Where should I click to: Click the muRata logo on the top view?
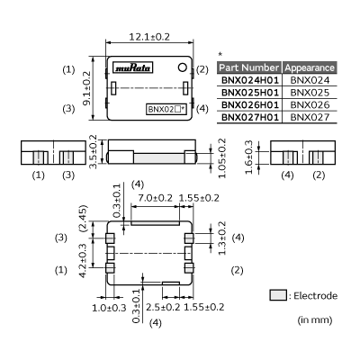tap(133, 67)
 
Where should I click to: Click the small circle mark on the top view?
tap(182, 67)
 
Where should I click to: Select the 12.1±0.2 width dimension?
tap(149, 37)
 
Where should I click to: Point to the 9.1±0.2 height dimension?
tap(86, 88)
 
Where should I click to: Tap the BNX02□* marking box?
tap(166, 109)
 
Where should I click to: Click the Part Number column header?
tap(248, 67)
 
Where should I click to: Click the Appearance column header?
tap(310, 67)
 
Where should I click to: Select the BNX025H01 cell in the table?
tap(250, 93)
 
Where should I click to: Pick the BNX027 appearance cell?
tap(310, 117)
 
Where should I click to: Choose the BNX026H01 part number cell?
tap(250, 104)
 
